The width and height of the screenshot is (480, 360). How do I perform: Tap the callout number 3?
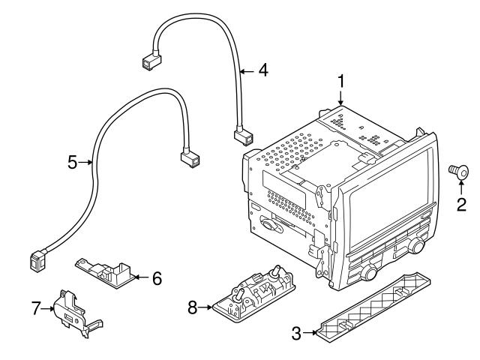click(x=297, y=332)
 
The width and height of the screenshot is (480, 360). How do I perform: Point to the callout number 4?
click(x=262, y=70)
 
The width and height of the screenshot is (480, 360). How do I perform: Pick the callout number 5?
click(x=73, y=161)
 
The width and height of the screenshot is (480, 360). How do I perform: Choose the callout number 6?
click(x=157, y=278)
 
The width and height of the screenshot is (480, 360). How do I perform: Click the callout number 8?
click(x=192, y=307)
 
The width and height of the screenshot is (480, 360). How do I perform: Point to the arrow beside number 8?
click(x=205, y=307)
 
